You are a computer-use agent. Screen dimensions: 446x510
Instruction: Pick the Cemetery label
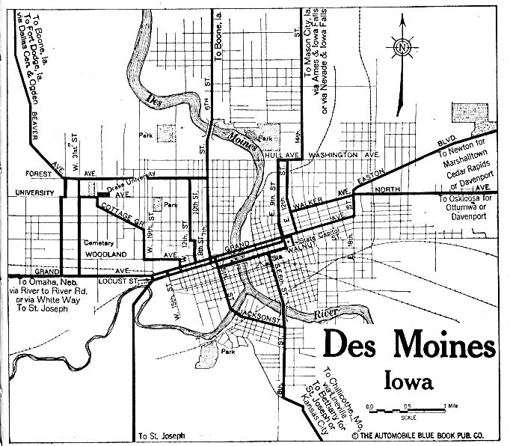tap(98, 242)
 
